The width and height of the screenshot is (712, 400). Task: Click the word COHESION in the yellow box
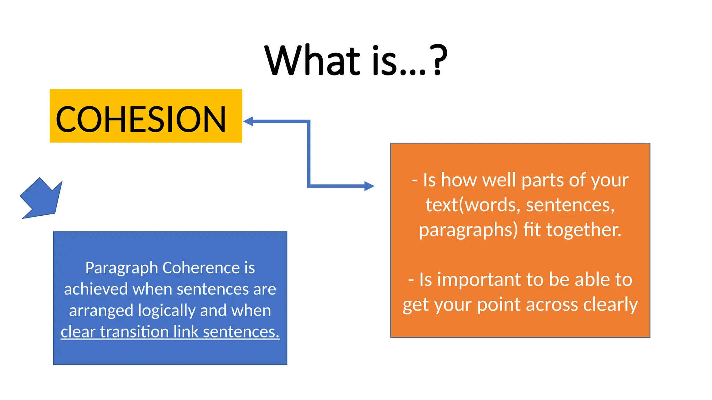[x=141, y=119]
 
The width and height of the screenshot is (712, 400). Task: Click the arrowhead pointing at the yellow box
[x=248, y=122]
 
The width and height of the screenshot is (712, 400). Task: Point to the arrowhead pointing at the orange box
[x=369, y=186]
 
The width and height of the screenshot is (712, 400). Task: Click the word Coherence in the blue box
[x=201, y=268]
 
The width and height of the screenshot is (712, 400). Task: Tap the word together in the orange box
[x=584, y=230]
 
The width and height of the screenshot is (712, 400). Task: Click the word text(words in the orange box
[x=473, y=205]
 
